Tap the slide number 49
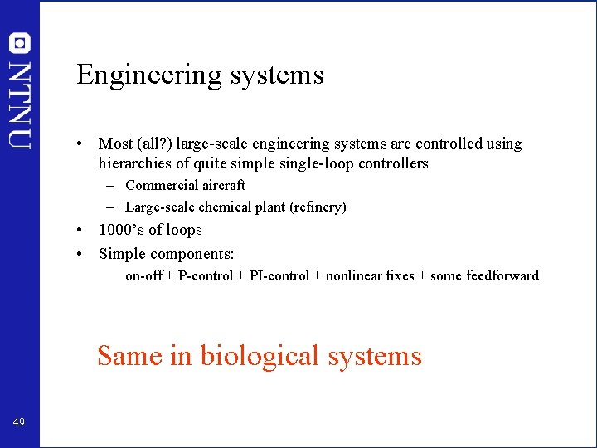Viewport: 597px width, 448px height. (19, 423)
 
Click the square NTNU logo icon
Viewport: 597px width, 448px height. (20, 43)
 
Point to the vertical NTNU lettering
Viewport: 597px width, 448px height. (20, 105)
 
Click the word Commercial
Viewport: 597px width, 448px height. (162, 185)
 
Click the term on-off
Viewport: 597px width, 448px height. (143, 275)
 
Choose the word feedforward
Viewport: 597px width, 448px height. (502, 275)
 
